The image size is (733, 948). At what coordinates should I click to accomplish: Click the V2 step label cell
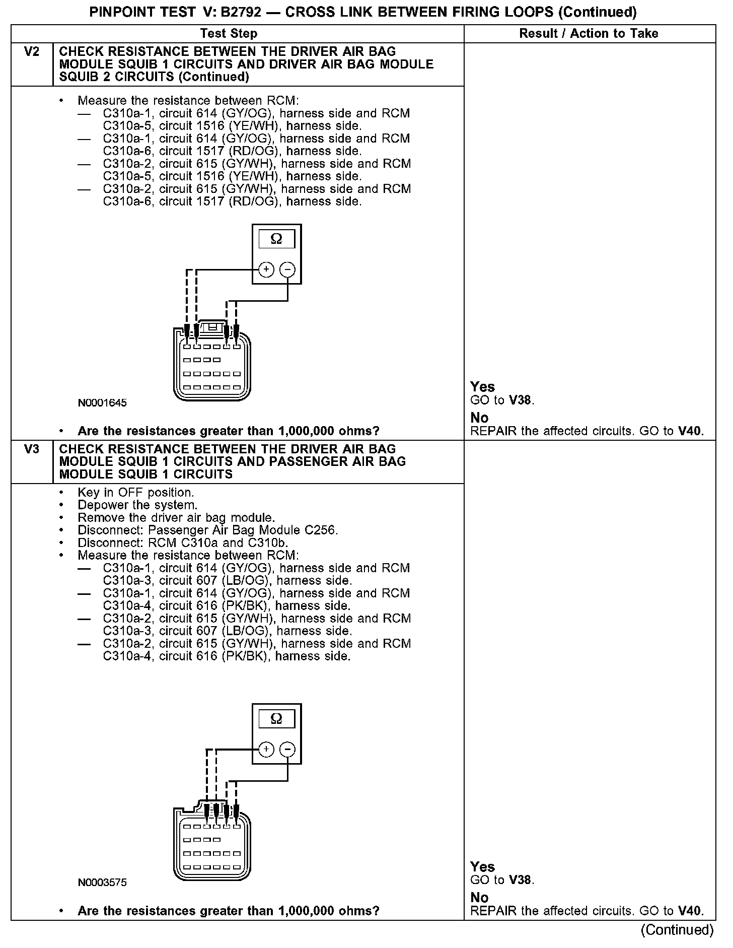[x=31, y=52]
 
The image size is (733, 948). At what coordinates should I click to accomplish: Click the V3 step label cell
[x=31, y=449]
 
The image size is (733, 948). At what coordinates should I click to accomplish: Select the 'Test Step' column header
[x=229, y=34]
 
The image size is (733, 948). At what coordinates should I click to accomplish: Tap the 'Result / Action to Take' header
[x=589, y=34]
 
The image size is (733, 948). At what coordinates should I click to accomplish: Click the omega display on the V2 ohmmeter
[x=276, y=239]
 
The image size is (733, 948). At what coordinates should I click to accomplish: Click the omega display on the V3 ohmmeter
[x=276, y=718]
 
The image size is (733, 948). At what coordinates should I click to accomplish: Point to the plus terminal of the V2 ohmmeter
[x=266, y=270]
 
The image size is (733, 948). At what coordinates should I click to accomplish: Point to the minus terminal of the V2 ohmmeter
[x=287, y=270]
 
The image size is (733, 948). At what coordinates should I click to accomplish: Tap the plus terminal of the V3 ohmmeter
[x=266, y=750]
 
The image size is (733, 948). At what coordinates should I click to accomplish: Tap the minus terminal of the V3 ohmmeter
[x=287, y=750]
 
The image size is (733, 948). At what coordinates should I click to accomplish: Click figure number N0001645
[x=102, y=403]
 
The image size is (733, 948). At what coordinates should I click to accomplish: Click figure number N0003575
[x=102, y=883]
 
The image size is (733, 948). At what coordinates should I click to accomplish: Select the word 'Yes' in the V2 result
[x=482, y=387]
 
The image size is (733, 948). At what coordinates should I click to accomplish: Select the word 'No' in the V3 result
[x=479, y=898]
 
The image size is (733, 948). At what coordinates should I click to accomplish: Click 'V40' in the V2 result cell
[x=689, y=431]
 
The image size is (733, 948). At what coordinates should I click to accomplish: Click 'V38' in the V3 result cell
[x=521, y=880]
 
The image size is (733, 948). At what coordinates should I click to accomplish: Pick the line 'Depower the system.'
[x=137, y=505]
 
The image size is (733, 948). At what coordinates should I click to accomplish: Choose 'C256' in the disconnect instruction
[x=321, y=530]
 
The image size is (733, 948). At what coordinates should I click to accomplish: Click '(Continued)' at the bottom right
[x=677, y=929]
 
